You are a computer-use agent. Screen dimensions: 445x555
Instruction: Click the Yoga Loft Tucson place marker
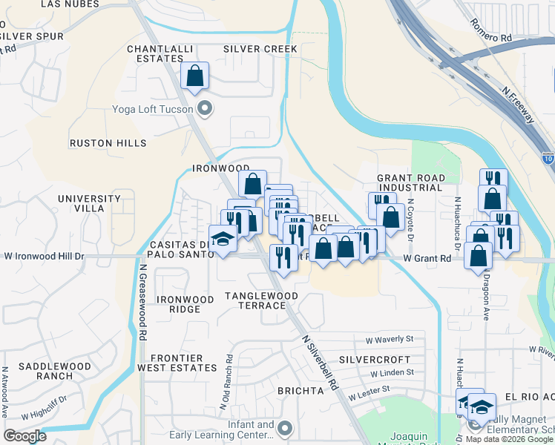(207, 109)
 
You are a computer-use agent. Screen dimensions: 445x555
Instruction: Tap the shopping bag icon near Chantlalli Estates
(194, 76)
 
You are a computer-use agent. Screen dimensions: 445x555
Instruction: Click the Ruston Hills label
(103, 143)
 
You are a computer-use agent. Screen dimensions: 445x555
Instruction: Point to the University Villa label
(89, 204)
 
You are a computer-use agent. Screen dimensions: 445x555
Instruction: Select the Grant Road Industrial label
(411, 183)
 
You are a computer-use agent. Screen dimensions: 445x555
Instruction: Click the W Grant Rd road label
(427, 259)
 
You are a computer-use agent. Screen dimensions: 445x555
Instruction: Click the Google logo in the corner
(24, 436)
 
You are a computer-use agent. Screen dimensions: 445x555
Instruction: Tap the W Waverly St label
(389, 339)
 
